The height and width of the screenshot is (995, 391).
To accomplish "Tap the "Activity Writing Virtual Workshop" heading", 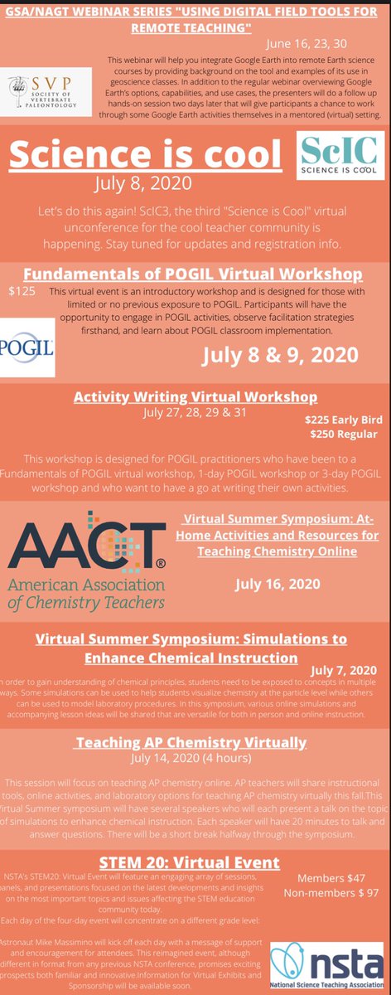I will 195,396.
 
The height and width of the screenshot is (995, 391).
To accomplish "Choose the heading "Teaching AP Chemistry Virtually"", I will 191,742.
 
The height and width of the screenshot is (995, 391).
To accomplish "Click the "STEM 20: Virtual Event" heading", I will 195,863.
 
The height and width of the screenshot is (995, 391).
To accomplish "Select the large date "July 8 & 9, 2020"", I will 282,355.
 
